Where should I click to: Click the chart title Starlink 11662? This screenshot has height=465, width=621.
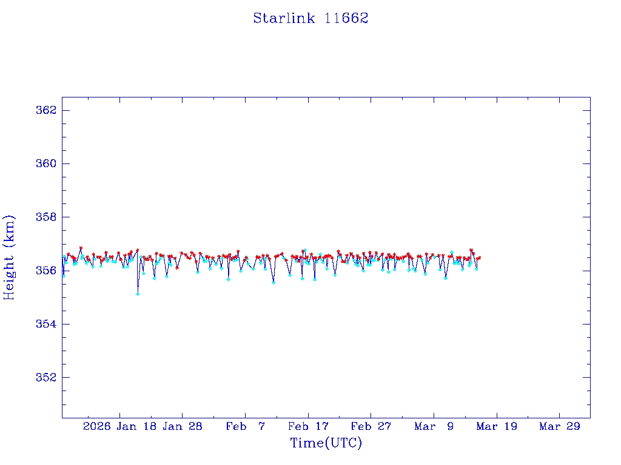310,18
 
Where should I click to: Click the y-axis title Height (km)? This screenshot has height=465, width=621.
9,257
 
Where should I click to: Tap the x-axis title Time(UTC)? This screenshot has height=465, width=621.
326,443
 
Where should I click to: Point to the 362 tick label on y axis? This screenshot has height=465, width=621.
46,110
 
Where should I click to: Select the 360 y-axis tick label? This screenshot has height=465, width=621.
46,163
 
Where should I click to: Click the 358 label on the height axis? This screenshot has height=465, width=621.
46,217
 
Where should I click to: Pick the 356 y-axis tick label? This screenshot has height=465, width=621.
46,270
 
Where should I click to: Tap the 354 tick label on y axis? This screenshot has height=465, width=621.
46,324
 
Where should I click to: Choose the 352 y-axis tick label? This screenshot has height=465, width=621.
46,377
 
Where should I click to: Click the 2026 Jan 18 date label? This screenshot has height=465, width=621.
119,426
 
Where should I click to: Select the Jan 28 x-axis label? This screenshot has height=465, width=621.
183,426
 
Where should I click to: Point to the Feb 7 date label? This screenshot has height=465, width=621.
246,426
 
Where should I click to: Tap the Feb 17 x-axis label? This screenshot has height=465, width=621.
308,426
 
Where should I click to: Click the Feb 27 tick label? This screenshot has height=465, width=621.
371,426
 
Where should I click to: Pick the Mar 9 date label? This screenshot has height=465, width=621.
434,426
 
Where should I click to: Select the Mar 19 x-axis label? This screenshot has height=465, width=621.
497,426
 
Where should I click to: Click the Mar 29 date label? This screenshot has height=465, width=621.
560,426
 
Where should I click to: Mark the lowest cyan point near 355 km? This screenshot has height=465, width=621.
138,294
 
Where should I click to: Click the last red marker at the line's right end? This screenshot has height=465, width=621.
479,258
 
